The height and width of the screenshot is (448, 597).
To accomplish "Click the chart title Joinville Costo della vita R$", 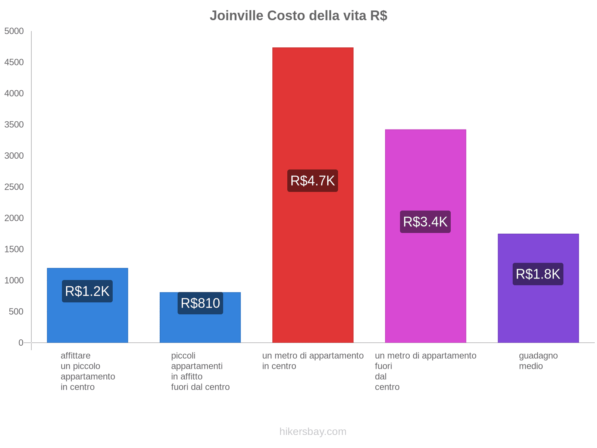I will (298, 16).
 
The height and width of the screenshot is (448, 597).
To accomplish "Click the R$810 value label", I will (200, 303).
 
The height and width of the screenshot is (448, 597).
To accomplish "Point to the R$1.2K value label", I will (87, 291).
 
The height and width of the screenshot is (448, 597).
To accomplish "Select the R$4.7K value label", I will (313, 181).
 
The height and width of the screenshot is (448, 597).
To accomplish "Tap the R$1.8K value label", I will (538, 274).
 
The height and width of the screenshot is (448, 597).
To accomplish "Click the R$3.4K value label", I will (425, 222).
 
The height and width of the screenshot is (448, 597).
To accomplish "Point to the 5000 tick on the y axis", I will (14, 31).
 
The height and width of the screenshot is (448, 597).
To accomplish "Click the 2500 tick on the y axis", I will (14, 187).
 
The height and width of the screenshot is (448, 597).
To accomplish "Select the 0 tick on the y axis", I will (21, 343).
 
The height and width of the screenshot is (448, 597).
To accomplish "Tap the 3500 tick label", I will (14, 125).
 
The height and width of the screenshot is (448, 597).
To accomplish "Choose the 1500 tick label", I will (14, 249).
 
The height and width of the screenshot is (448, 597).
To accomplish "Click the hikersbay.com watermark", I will (313, 432).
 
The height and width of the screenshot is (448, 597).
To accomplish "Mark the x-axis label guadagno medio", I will (538, 361).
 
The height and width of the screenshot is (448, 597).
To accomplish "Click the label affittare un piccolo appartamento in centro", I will (88, 371).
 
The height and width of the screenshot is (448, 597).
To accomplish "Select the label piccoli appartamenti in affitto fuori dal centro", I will (200, 371).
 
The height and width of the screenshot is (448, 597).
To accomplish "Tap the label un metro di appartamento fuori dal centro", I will (425, 371).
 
